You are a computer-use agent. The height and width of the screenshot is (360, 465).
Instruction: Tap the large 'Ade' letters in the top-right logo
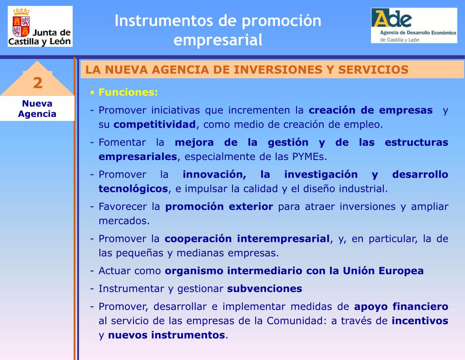click(x=391, y=19)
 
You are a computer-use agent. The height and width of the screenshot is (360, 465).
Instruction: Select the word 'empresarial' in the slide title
click(x=218, y=40)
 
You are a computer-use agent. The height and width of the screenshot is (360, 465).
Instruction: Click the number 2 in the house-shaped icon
click(x=37, y=83)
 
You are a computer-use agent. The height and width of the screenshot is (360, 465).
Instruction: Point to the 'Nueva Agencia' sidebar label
click(x=37, y=109)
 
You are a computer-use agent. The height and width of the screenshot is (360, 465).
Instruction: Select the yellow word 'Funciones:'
click(x=129, y=92)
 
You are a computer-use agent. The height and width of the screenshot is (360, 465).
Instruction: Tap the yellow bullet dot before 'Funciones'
click(x=92, y=93)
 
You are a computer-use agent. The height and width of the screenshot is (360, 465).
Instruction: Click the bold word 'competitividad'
click(x=154, y=125)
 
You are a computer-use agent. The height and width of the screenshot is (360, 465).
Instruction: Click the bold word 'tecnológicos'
click(x=134, y=189)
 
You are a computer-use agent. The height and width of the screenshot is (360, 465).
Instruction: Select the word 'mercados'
click(x=123, y=221)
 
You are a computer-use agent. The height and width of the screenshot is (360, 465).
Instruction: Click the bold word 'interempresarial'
click(x=284, y=239)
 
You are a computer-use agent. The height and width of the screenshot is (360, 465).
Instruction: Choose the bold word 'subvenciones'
click(x=264, y=289)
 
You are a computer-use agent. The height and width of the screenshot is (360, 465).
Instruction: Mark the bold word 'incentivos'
click(x=420, y=321)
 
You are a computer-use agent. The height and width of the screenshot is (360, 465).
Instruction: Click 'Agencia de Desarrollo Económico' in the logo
click(x=415, y=33)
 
